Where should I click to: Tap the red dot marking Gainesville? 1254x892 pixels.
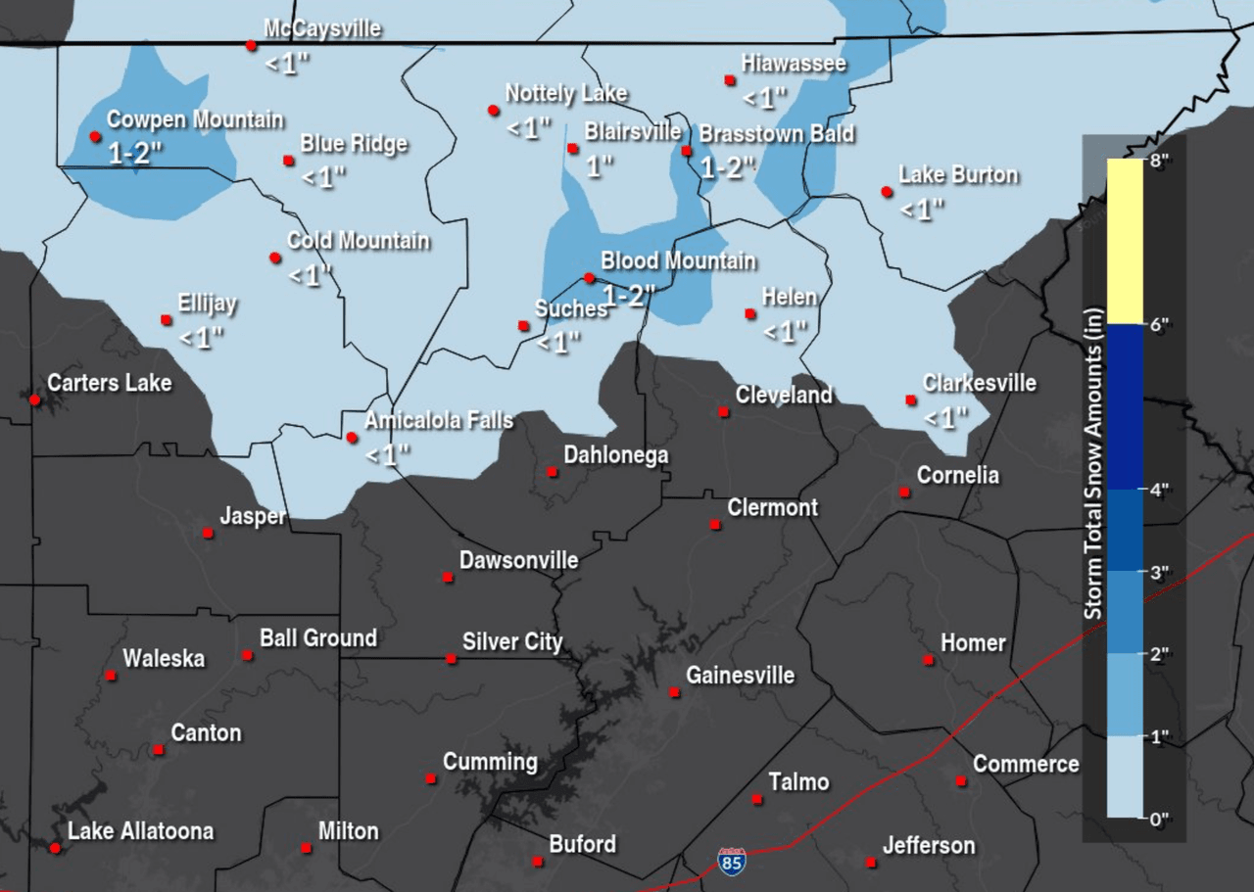coord(674,692)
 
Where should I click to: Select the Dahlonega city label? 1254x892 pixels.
coord(615,455)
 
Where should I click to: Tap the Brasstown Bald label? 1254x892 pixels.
coord(776,134)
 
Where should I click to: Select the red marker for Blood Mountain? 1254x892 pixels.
coord(589,278)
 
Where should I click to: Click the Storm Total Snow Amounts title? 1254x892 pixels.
coord(1094,463)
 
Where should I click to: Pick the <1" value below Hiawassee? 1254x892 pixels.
coord(764,98)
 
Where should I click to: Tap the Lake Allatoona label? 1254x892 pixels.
coord(140,831)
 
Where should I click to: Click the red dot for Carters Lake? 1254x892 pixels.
coord(35,399)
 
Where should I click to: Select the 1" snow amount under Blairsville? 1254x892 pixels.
coord(599,165)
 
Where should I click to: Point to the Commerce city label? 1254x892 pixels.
coord(1025,764)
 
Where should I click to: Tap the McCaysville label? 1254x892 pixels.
coord(321,29)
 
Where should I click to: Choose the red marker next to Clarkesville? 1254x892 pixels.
coord(911,399)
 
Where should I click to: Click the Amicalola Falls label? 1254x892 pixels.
coord(438,421)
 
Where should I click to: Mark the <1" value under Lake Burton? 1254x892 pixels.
coord(922,210)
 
